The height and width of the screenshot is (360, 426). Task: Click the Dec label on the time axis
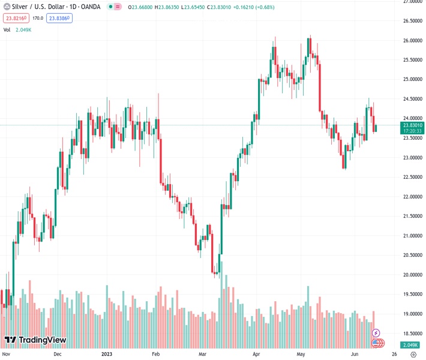point(58,355)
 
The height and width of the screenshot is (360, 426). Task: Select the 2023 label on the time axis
point(107,355)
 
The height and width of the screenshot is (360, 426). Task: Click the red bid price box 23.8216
point(16,19)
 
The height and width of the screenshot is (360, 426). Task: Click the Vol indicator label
point(7,29)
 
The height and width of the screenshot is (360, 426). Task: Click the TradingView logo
point(35,340)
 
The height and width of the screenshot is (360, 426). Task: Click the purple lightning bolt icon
point(376,332)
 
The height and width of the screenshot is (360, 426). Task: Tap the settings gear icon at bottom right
point(413,355)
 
